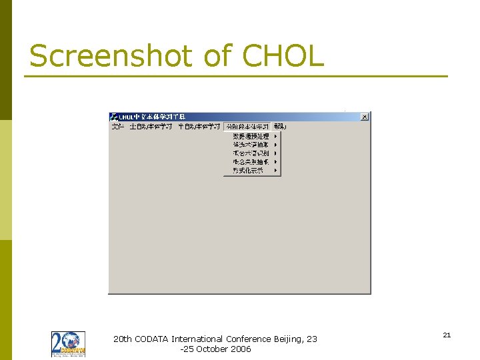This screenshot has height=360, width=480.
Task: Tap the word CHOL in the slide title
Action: [x=283, y=56]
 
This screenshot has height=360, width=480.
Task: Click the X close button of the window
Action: [x=364, y=117]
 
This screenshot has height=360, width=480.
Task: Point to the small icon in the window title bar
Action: [x=114, y=117]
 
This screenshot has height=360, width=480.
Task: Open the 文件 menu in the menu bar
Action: [x=118, y=126]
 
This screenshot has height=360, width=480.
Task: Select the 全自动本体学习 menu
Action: [x=151, y=126]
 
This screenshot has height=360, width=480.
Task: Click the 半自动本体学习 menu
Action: [x=199, y=126]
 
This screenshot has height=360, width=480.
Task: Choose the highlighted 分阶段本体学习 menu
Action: [x=247, y=126]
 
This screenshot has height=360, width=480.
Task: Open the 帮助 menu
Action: [x=279, y=126]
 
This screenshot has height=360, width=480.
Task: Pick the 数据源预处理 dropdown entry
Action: [x=251, y=136]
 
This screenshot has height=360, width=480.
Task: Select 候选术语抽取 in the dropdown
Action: [x=251, y=145]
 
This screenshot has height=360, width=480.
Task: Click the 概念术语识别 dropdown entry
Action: [x=251, y=153]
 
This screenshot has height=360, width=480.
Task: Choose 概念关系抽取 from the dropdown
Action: [x=251, y=162]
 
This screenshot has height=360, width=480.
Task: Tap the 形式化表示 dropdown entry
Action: [x=248, y=171]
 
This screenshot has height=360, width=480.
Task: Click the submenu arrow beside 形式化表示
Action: [x=275, y=171]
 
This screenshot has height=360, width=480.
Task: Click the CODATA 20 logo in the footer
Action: [x=68, y=344]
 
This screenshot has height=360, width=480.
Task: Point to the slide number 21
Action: [x=447, y=335]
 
